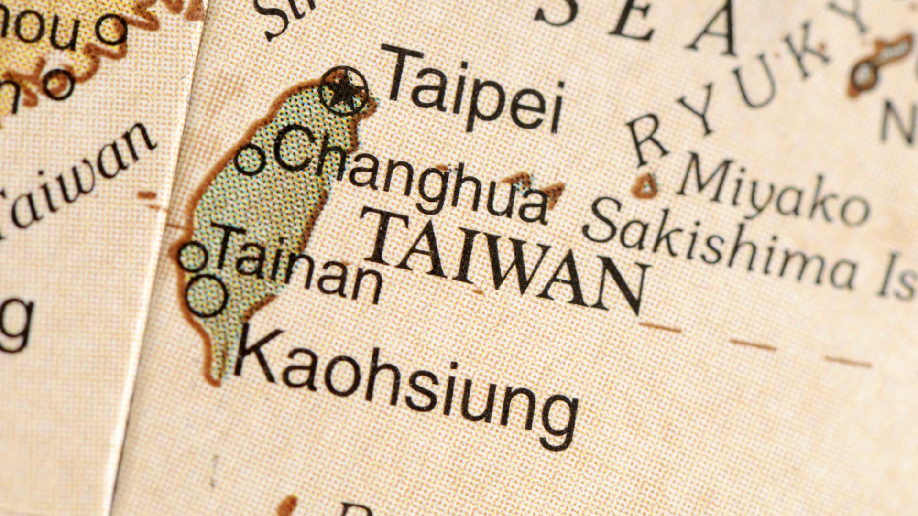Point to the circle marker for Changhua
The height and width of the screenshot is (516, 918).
249,160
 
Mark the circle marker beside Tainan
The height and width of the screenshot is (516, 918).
193,257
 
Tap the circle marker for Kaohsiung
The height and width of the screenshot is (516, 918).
206,296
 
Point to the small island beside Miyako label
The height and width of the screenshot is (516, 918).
646,186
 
